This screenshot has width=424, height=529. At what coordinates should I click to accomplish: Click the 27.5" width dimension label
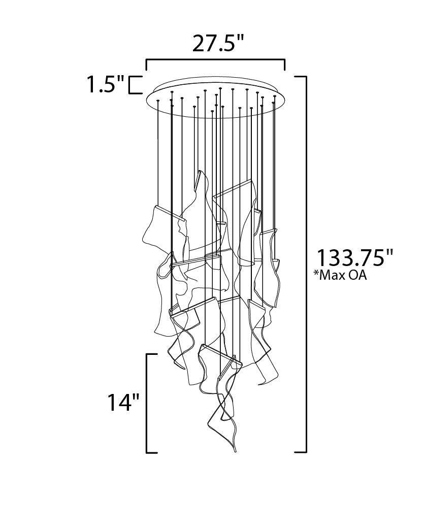point(217,44)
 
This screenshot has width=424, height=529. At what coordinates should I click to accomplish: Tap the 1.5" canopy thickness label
point(106,84)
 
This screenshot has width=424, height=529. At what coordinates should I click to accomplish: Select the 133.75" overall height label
point(354,258)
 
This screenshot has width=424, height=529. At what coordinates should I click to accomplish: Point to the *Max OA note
point(340,275)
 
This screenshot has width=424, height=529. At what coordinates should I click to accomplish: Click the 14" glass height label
point(123,402)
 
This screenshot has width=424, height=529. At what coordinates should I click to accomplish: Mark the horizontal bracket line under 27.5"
point(215,60)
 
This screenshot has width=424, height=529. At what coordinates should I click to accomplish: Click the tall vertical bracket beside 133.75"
point(306,264)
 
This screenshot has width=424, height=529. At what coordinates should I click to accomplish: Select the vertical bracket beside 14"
point(147,404)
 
